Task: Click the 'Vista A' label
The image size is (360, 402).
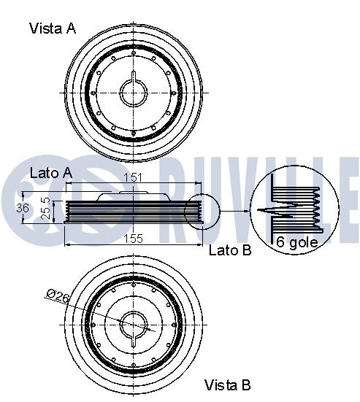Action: (x=53, y=28)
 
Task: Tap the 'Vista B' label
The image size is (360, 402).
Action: (x=227, y=384)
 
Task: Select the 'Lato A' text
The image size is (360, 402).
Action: (x=51, y=173)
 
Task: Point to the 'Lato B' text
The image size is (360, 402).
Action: (x=230, y=250)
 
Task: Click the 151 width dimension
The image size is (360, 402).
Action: (x=133, y=177)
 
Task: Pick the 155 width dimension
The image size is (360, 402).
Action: (x=133, y=239)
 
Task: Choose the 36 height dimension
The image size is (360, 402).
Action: (x=23, y=208)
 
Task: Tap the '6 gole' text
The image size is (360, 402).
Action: (x=297, y=242)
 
